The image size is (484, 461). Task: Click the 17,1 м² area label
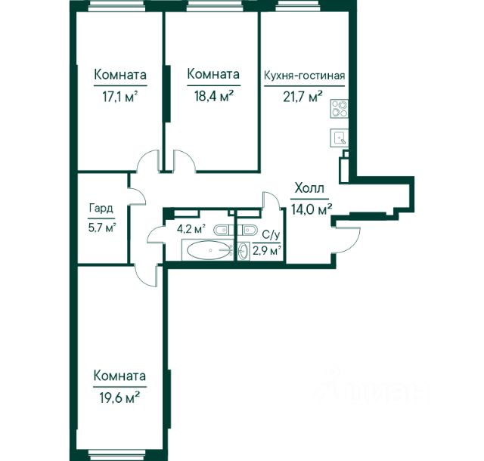(x=119, y=97)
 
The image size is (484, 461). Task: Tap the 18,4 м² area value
(x=213, y=96)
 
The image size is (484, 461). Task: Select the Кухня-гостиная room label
(x=304, y=76)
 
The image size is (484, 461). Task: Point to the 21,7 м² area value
(x=303, y=97)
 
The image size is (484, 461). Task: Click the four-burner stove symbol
(x=340, y=109)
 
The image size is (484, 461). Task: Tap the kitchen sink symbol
(x=340, y=138)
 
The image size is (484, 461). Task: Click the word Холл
(x=309, y=188)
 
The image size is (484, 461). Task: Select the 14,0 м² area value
(x=312, y=209)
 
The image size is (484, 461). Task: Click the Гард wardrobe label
(x=101, y=209)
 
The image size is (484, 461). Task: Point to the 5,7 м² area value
(x=102, y=229)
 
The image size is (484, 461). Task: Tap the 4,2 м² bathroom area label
(x=191, y=229)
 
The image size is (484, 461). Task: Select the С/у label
(x=271, y=236)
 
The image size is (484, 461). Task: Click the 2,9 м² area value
(x=267, y=250)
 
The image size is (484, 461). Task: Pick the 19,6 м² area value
(x=119, y=398)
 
